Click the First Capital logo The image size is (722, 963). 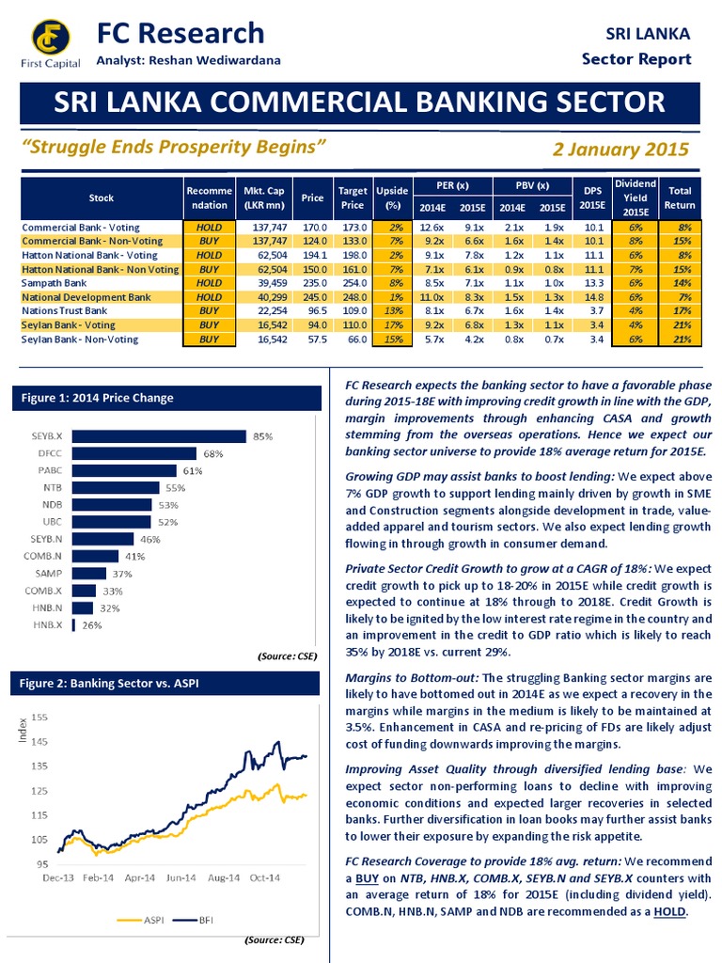pos(52,39)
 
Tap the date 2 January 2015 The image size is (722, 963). pos(622,149)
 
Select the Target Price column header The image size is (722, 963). pos(352,197)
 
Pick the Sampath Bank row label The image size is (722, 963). pos(54,283)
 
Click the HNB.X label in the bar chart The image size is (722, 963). pos(48,625)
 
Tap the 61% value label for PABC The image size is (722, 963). pos(194,470)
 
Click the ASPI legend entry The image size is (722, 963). pos(146,922)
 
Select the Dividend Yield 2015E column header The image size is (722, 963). pos(628,197)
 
